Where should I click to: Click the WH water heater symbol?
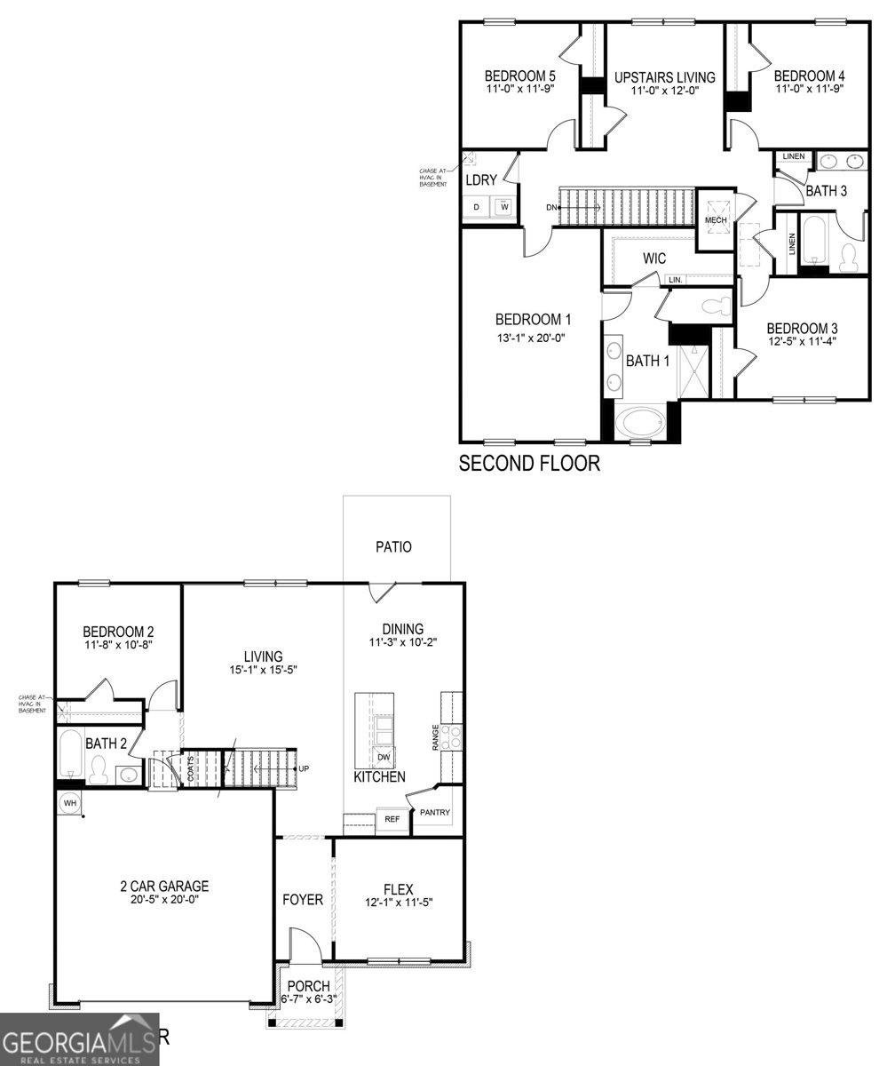click(x=69, y=803)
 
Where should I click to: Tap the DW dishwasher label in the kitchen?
click(x=384, y=757)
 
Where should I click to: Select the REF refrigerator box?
click(x=392, y=819)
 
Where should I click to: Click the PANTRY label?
click(x=435, y=812)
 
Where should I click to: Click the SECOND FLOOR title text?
click(x=529, y=463)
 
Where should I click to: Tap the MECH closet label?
click(x=716, y=219)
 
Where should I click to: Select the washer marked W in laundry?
click(x=504, y=207)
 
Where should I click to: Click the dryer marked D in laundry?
click(x=476, y=207)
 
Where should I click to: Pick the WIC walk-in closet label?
click(x=654, y=259)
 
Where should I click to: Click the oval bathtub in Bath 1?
click(x=640, y=420)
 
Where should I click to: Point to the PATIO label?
click(x=393, y=547)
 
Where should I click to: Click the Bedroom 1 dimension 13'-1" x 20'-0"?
click(x=531, y=338)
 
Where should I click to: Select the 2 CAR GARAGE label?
click(x=164, y=886)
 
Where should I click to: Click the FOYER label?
click(x=303, y=900)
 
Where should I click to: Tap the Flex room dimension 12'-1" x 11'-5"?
click(x=400, y=903)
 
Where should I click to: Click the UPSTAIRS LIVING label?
click(x=664, y=77)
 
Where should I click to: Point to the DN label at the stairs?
click(x=551, y=207)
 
